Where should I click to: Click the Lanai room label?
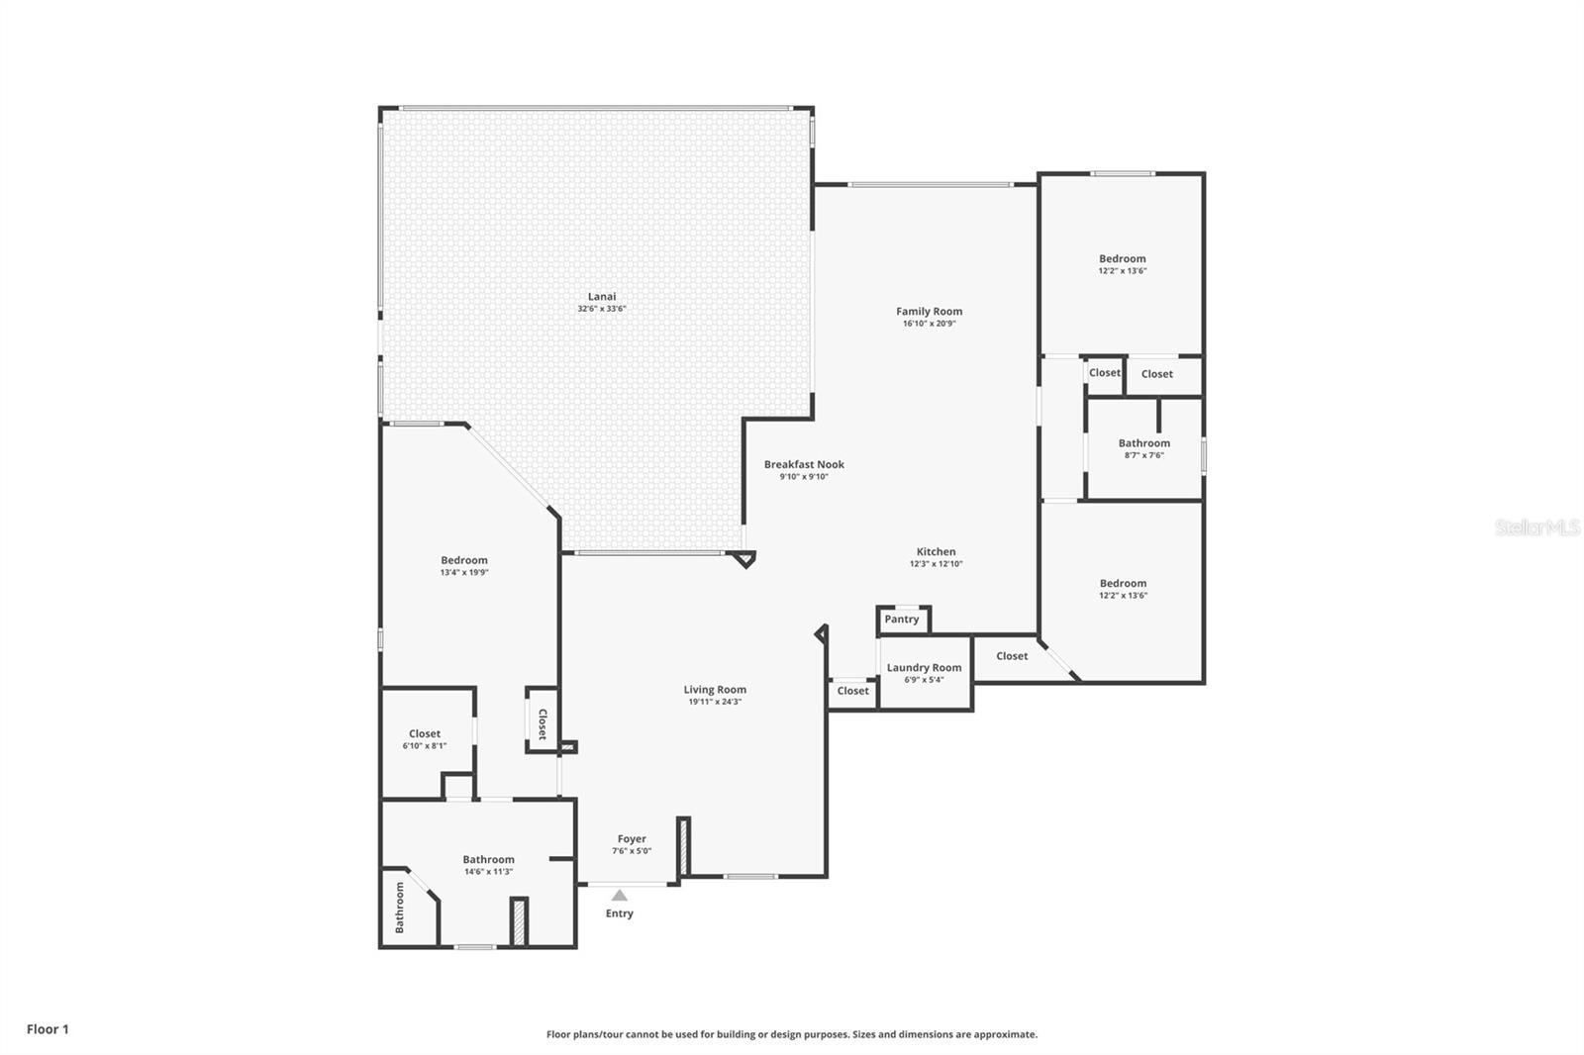[x=602, y=296]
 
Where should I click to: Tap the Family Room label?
[x=930, y=311]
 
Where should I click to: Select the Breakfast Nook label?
[x=804, y=464]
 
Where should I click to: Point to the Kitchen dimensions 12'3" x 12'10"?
[x=937, y=563]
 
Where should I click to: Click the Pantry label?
[x=902, y=620]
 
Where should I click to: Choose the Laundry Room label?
[x=925, y=667]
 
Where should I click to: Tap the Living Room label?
[x=715, y=690]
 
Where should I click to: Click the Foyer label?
[x=632, y=839]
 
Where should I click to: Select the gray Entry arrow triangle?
[x=620, y=896]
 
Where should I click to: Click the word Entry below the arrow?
[x=620, y=913]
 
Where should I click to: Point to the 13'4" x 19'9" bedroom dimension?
[x=464, y=572]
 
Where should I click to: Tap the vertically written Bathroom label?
[x=400, y=908]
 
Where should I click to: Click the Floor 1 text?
[x=49, y=1029]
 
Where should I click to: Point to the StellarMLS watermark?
[x=1537, y=527]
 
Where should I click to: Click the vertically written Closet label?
[x=543, y=724]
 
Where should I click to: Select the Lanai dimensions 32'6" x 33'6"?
[x=602, y=309]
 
